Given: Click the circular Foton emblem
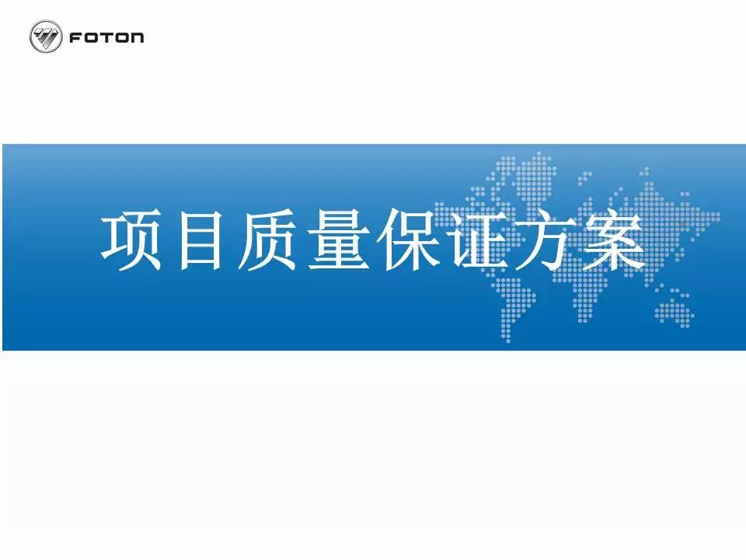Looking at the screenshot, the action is coord(46,37).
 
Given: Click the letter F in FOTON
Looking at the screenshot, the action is coord(76,37).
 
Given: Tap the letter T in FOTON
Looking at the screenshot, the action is coord(106,37).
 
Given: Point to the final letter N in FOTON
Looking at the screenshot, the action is coord(136,37).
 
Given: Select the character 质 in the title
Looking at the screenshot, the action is coord(267,241).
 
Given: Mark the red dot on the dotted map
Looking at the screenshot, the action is coord(682,224).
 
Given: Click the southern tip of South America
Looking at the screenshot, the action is coord(508,340).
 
